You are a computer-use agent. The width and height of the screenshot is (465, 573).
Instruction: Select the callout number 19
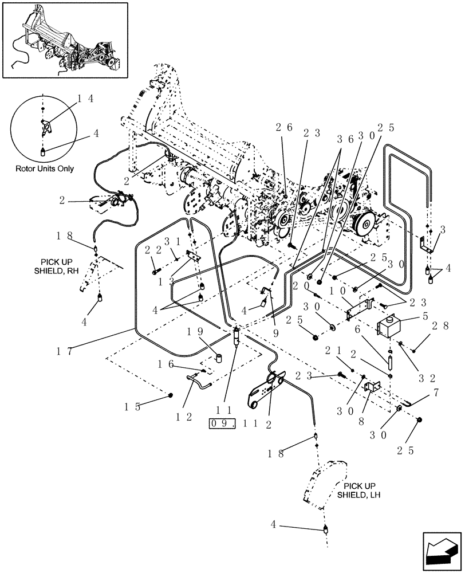(194, 331)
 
